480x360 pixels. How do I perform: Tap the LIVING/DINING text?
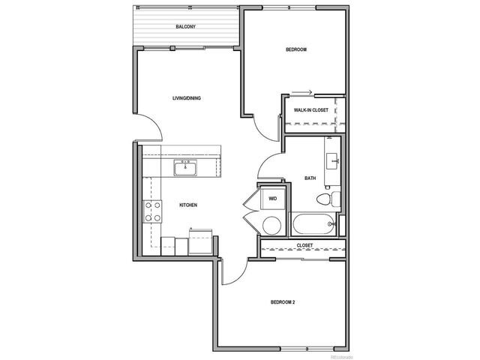(186, 98)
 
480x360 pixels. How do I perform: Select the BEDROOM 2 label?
(282, 302)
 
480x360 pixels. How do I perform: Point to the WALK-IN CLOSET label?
(311, 110)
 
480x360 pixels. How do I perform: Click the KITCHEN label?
(187, 205)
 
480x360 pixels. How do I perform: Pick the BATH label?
(310, 178)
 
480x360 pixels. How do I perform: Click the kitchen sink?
(184, 166)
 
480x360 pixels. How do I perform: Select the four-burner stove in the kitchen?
(154, 211)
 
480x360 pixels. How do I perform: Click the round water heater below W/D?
(270, 224)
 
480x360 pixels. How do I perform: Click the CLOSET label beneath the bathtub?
(304, 245)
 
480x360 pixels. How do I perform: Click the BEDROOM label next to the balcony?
(296, 50)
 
